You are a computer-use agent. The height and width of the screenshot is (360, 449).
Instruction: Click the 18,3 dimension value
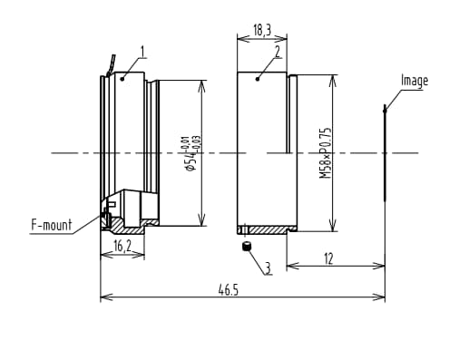262,30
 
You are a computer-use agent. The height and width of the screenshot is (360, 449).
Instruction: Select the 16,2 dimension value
122,246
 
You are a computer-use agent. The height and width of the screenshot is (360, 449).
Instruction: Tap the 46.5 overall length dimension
229,290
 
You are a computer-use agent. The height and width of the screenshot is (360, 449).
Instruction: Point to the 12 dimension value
328,259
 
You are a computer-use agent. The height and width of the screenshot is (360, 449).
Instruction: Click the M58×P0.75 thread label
326,153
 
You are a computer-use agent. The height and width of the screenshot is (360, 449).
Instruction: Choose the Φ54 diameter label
191,161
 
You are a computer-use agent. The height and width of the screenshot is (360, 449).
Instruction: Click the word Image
415,81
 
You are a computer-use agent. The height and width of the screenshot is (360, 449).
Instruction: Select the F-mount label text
52,225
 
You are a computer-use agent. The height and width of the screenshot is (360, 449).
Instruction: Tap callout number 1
143,52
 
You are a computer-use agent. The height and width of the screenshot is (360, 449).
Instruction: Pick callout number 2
278,52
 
